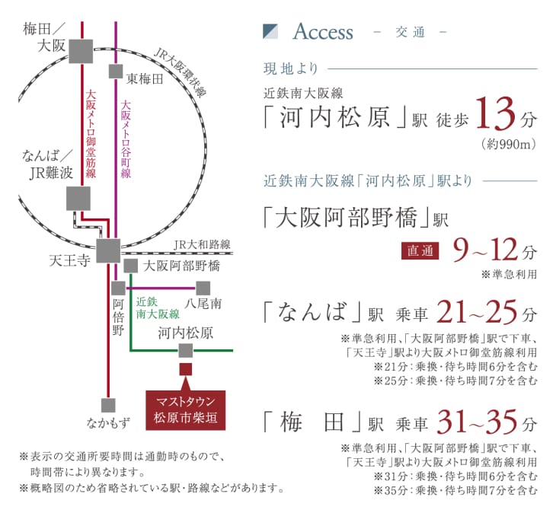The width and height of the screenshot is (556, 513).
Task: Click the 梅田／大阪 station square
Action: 79,51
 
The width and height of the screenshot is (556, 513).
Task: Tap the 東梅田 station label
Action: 145,78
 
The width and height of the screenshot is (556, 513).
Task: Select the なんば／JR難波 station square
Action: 78,198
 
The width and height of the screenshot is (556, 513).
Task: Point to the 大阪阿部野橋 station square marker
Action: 130,266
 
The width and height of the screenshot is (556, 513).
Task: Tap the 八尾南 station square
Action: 203,288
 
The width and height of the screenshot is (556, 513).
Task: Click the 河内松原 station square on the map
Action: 185,350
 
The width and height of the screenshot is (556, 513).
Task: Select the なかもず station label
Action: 109,422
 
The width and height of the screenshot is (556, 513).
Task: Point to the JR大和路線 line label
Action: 202,244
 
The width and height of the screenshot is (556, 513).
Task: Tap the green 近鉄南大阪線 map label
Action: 157,307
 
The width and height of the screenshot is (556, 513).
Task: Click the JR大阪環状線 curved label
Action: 181,73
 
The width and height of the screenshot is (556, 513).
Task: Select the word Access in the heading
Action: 323,32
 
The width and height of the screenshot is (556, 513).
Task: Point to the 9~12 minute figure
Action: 484,250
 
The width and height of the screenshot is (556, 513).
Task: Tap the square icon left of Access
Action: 271,31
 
